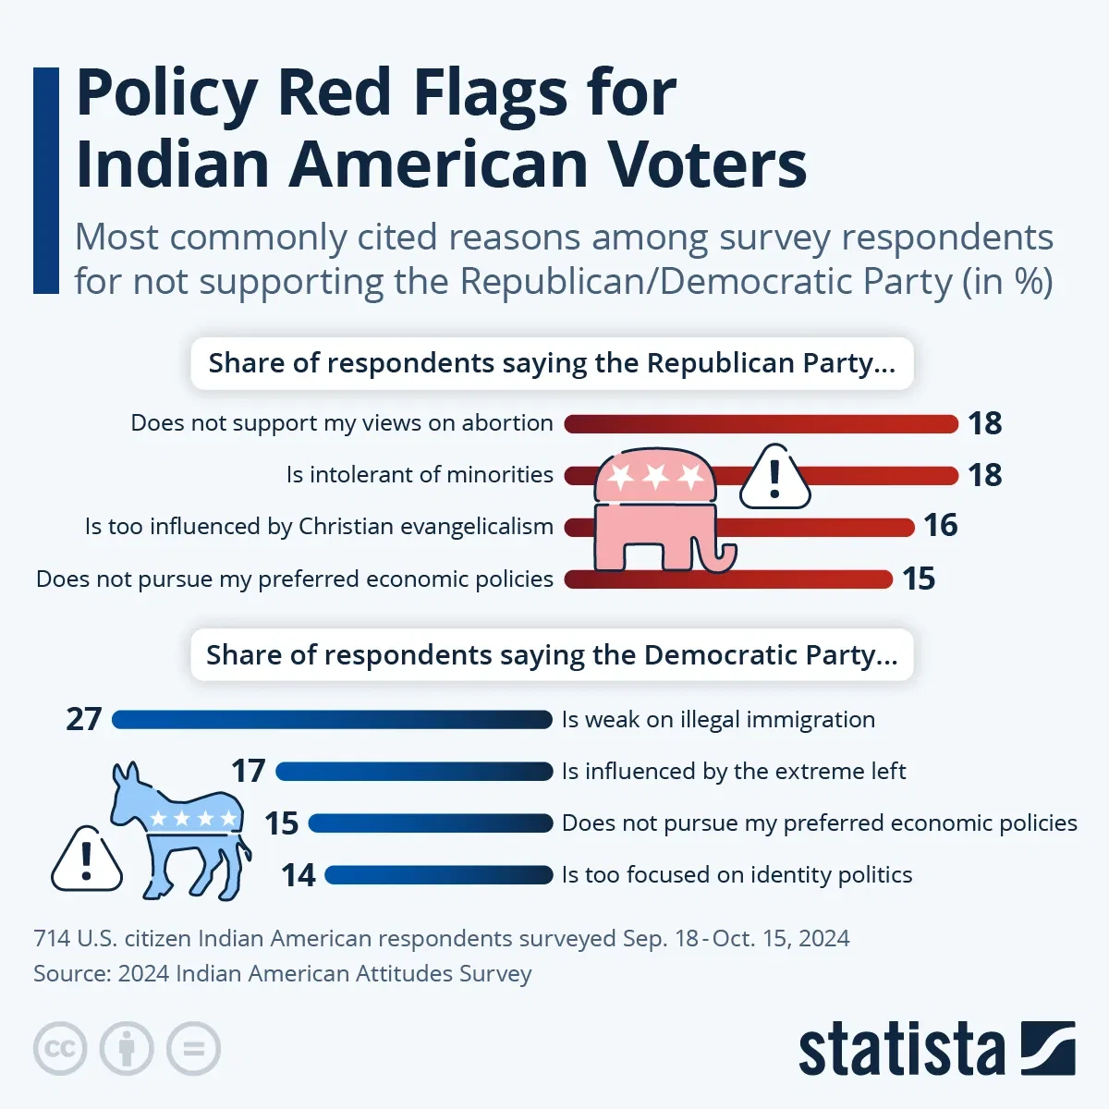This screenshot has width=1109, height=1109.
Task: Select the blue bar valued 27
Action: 332,720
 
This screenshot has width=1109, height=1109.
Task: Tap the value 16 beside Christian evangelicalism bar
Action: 941,526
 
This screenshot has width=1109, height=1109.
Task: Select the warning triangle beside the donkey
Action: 87,860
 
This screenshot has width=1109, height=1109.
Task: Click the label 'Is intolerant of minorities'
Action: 420,475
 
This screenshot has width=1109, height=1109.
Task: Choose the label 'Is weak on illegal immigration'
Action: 718,720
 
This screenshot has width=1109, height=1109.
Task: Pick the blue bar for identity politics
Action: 438,875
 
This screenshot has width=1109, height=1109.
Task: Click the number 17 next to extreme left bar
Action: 249,771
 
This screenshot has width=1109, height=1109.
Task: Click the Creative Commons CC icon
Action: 60,1049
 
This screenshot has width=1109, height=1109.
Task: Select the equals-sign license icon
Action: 194,1049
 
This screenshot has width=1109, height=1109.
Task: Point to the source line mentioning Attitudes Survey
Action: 282,974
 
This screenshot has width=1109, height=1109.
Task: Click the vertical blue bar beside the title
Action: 46,180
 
